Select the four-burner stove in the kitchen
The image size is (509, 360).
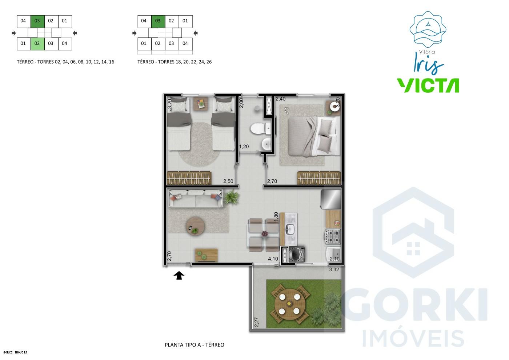pos(333,236)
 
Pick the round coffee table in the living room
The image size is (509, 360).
pos(193,227)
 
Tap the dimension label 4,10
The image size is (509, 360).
pos(273,259)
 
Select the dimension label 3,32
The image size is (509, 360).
pos(334,270)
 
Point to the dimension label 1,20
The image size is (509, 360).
pos(244,147)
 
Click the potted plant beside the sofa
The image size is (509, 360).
pos(232,198)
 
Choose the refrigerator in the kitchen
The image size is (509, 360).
pos(331,199)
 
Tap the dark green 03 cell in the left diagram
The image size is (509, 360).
pos(37,21)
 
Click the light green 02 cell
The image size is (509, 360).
pos(37,44)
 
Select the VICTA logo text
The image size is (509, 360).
pos(428,85)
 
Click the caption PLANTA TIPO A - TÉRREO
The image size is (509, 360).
pos(195,345)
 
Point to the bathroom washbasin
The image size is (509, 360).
pos(266,145)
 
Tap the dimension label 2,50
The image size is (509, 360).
pos(228,181)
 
